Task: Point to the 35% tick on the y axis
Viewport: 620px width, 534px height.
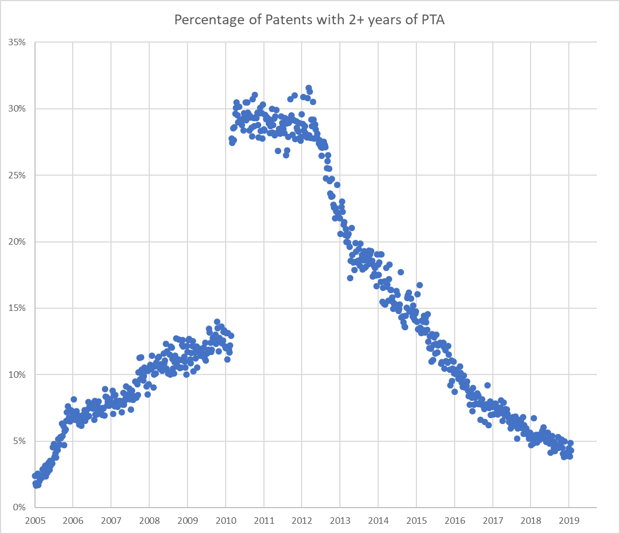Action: click(18, 42)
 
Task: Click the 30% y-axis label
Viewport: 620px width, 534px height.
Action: click(18, 108)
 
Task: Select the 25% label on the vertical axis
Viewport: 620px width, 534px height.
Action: click(18, 175)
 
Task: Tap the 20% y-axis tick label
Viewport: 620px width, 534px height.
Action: click(18, 241)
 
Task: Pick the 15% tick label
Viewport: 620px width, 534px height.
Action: click(18, 308)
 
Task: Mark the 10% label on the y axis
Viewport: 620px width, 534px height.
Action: click(18, 375)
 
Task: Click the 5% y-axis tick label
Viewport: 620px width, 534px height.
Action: click(20, 441)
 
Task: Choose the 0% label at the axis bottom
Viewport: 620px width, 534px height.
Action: click(20, 507)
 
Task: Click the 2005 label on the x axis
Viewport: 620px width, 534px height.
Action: click(34, 521)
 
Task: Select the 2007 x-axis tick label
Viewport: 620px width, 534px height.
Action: click(111, 521)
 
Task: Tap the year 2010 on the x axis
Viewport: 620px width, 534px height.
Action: click(225, 521)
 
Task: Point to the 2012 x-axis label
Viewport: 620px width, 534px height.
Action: click(302, 521)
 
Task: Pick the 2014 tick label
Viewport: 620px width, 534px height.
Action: click(378, 521)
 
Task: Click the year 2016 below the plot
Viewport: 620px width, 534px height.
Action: click(455, 521)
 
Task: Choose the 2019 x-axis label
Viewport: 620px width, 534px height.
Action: click(569, 521)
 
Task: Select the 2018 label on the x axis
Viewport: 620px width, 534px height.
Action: click(531, 521)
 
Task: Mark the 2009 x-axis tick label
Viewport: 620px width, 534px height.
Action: click(187, 521)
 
